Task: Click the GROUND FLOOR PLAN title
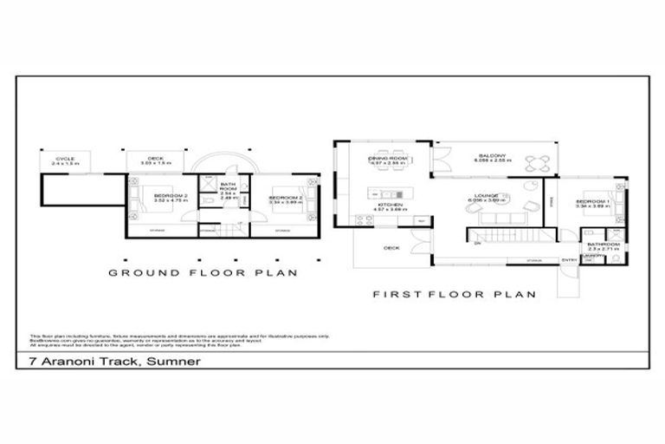[203, 272]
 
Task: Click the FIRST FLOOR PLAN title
[454, 294]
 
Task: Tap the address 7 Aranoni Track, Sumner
[109, 361]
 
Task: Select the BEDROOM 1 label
[593, 203]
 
